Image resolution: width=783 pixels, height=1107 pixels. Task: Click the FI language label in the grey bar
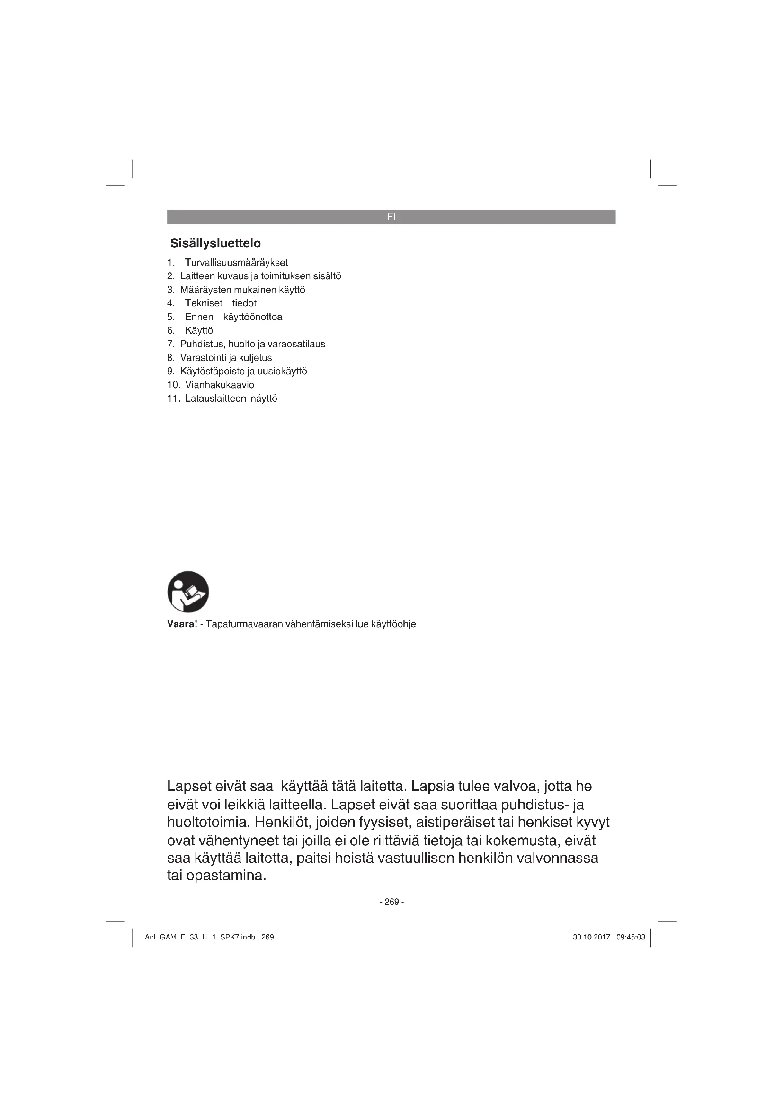(391, 217)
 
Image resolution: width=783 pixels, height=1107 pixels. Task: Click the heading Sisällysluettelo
(215, 243)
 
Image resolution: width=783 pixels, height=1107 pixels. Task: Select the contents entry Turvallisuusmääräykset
(236, 263)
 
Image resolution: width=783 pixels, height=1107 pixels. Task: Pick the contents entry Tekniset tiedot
(220, 303)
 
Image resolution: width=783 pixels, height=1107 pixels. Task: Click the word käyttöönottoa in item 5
(253, 317)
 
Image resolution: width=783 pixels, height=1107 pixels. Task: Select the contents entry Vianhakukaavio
(219, 385)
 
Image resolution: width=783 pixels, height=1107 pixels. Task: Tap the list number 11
(173, 399)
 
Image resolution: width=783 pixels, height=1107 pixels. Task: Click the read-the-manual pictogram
(188, 592)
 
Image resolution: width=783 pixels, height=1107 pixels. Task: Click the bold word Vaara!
(182, 624)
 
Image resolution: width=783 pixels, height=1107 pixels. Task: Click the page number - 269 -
(391, 902)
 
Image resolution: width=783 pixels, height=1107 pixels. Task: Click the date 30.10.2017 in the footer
(591, 937)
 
